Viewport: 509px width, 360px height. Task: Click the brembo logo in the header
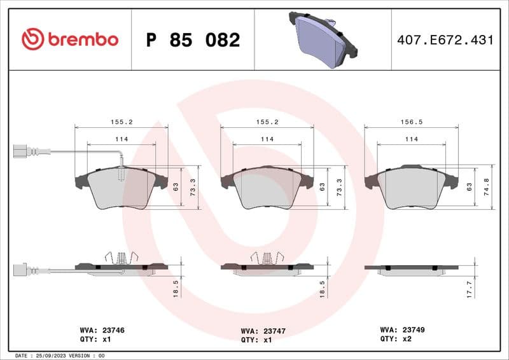[69, 39]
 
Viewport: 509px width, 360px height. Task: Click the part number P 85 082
[193, 40]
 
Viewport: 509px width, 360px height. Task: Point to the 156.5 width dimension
[411, 120]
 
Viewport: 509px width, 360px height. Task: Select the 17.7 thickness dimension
[469, 289]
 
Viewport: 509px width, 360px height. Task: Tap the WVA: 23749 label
[403, 330]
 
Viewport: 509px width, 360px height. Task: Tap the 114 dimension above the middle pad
[267, 139]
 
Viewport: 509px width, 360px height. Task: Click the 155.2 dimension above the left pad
[121, 120]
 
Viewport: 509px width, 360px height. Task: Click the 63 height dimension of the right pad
[469, 187]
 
